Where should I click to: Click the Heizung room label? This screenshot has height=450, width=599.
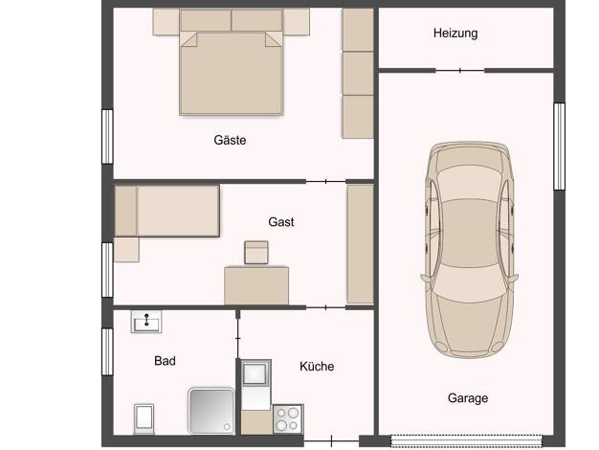click(x=455, y=34)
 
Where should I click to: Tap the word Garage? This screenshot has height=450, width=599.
click(x=468, y=398)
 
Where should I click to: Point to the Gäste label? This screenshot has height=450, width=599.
click(x=230, y=140)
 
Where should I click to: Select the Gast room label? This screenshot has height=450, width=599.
click(x=281, y=222)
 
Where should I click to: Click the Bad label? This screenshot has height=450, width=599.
click(x=165, y=361)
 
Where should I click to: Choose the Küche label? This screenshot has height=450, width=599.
click(x=317, y=367)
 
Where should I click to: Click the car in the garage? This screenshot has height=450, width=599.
click(x=469, y=250)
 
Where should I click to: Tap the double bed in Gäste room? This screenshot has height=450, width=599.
click(x=232, y=73)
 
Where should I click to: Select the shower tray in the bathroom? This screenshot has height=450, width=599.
click(x=211, y=411)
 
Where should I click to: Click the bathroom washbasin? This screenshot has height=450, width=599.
click(x=146, y=322)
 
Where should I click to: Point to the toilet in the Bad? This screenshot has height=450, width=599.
click(x=144, y=419)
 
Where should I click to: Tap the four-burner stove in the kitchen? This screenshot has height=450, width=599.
click(x=288, y=419)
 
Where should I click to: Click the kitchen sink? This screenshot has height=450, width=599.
click(x=255, y=373)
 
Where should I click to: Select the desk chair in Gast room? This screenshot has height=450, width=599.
click(x=256, y=253)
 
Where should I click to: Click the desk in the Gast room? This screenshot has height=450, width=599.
click(x=256, y=285)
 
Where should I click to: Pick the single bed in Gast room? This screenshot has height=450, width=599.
click(x=166, y=211)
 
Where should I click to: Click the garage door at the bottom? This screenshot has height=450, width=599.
click(x=466, y=440)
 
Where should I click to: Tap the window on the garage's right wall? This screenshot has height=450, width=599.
click(x=559, y=146)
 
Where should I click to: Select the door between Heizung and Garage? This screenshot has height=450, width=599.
click(x=460, y=70)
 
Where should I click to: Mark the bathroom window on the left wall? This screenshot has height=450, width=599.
click(x=107, y=351)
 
